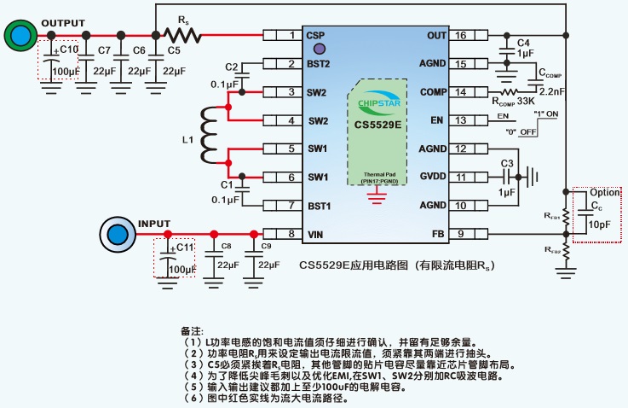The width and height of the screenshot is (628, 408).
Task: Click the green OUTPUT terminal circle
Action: pos(18,35)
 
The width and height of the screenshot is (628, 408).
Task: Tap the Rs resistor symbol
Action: pos(181,35)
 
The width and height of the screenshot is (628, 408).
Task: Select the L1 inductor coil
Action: pos(208,134)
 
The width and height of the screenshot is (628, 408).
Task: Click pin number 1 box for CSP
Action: pos(292,35)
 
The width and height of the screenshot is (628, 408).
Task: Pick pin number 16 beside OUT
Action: pos(461,35)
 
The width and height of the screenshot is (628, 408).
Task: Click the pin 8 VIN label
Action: pos(316,233)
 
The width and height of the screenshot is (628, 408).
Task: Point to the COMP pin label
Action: pos(433,91)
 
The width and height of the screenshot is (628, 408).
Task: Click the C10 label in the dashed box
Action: pos(68,50)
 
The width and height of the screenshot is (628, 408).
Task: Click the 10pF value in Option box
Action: pos(600,224)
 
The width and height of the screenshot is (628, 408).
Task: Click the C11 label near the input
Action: pos(185,248)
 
